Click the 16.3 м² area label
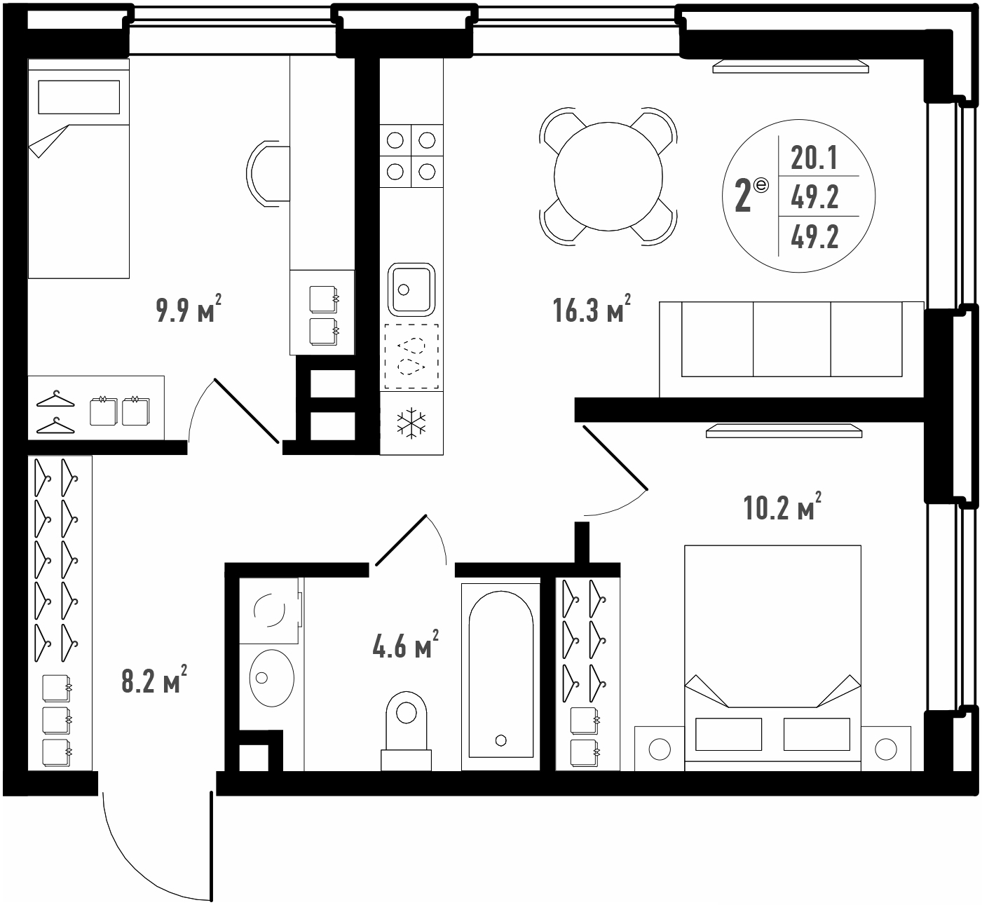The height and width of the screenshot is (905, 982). point(592,310)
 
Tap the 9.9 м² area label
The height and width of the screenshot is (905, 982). point(189,310)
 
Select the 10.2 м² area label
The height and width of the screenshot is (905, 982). point(782,507)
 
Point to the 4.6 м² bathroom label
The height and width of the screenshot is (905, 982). point(405,644)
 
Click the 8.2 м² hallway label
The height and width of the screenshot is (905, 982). point(154,680)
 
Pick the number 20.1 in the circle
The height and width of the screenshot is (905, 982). point(814,158)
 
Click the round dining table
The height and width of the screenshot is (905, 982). point(608,176)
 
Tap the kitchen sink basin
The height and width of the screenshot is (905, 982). point(411,290)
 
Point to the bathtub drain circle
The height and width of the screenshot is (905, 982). point(500,740)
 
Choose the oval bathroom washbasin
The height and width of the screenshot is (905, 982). point(272,678)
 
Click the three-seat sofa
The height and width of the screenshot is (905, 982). point(791,348)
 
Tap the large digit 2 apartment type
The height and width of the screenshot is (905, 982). point(742,196)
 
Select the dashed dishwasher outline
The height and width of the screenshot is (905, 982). point(411,356)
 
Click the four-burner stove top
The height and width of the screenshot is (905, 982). point(411,156)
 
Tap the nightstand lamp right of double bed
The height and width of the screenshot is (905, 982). point(885,749)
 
